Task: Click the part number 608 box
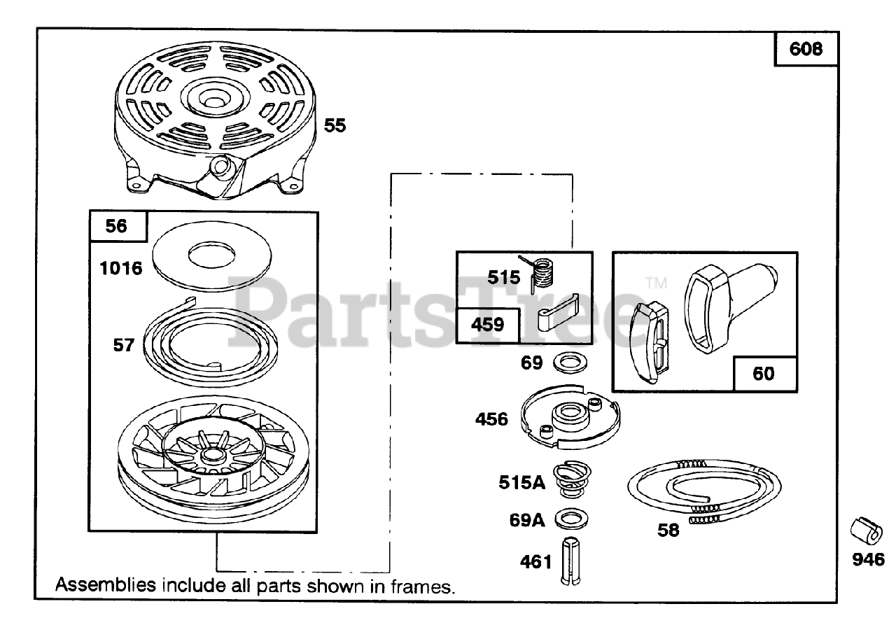click(x=806, y=50)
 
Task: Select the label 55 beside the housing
click(x=335, y=126)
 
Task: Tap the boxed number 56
click(x=118, y=226)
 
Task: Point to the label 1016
click(x=120, y=268)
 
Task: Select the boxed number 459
click(x=488, y=325)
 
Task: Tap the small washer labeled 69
click(x=567, y=363)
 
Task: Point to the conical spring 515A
click(x=571, y=479)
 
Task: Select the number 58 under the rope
click(x=668, y=530)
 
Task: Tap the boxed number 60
click(x=764, y=374)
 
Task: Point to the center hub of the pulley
click(x=209, y=456)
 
